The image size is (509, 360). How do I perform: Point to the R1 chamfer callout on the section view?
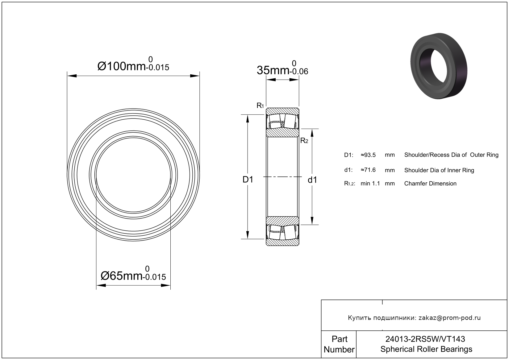click(x=260, y=106)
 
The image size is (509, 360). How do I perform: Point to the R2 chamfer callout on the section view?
click(x=304, y=141)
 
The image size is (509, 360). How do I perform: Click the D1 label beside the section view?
click(x=248, y=180)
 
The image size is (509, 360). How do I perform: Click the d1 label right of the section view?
click(x=312, y=180)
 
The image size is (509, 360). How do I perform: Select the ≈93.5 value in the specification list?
click(x=368, y=155)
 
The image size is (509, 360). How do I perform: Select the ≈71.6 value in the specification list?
click(x=368, y=170)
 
